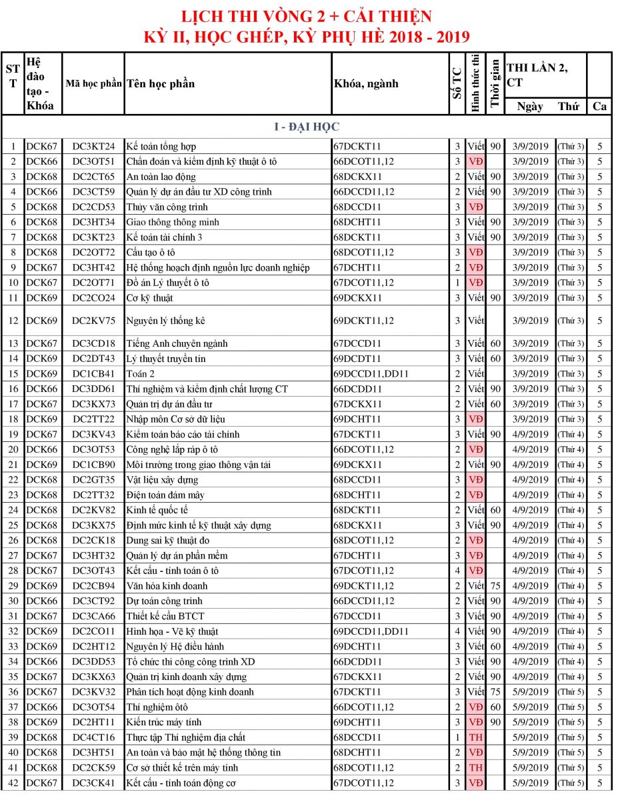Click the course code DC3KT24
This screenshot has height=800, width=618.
(93, 147)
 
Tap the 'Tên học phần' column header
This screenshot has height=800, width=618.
(160, 83)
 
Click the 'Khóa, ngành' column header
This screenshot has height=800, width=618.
(365, 83)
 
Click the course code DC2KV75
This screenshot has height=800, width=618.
(93, 321)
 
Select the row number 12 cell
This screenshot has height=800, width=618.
(12, 321)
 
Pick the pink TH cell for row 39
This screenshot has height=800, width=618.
(475, 737)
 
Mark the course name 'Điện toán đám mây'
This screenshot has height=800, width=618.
(165, 495)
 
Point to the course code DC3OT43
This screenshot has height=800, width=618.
(93, 571)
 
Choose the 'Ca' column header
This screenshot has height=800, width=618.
(599, 106)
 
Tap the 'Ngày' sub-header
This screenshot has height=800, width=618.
(530, 106)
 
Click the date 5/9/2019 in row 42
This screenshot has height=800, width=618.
(530, 783)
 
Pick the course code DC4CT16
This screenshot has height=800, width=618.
(93, 737)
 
